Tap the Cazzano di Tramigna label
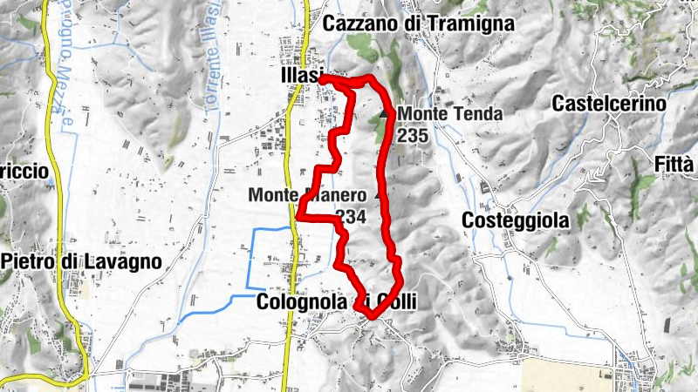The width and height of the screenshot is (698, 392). (418, 24)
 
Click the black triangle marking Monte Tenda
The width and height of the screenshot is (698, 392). (384, 113)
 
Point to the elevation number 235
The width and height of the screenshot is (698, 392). (412, 135)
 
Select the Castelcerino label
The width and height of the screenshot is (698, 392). (610, 104)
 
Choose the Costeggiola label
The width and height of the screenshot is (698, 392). (515, 220)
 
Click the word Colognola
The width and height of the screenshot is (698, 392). (304, 302)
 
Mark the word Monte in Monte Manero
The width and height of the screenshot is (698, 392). (270, 195)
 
